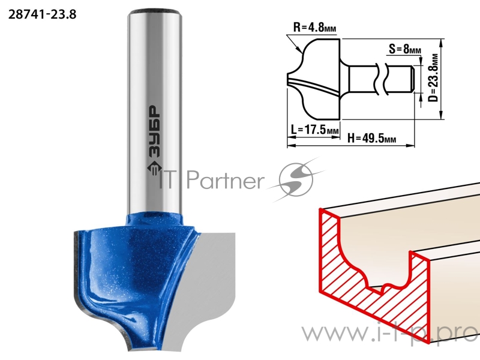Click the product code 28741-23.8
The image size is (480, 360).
pyautogui.click(x=42, y=14)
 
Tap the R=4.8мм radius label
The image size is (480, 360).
pyautogui.click(x=314, y=27)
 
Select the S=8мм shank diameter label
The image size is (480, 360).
pyautogui.click(x=404, y=49)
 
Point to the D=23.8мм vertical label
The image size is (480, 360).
pyautogui.click(x=433, y=78)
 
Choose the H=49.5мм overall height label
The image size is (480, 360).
pyautogui.click(x=371, y=139)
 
